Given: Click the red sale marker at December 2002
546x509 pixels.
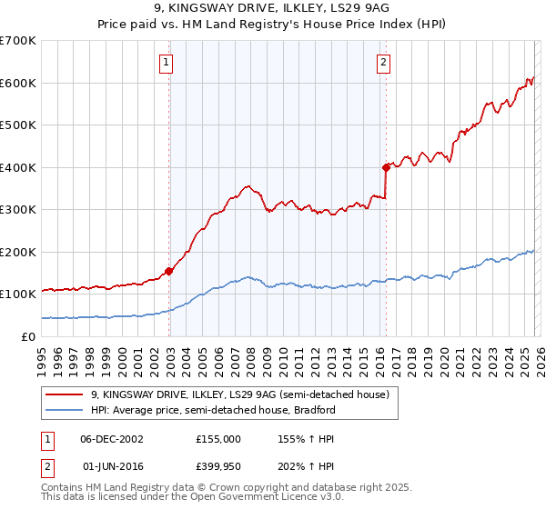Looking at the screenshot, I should (168, 270).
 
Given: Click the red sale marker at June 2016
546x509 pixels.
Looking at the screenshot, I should (385, 167).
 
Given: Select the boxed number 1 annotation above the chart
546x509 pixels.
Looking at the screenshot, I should (167, 63).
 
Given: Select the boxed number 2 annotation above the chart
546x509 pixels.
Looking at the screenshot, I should (383, 63).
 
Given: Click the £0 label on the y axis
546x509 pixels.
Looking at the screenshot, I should (27, 336).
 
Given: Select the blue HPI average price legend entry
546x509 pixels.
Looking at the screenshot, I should (213, 410).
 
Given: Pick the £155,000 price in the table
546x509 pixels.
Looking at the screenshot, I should (218, 438).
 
